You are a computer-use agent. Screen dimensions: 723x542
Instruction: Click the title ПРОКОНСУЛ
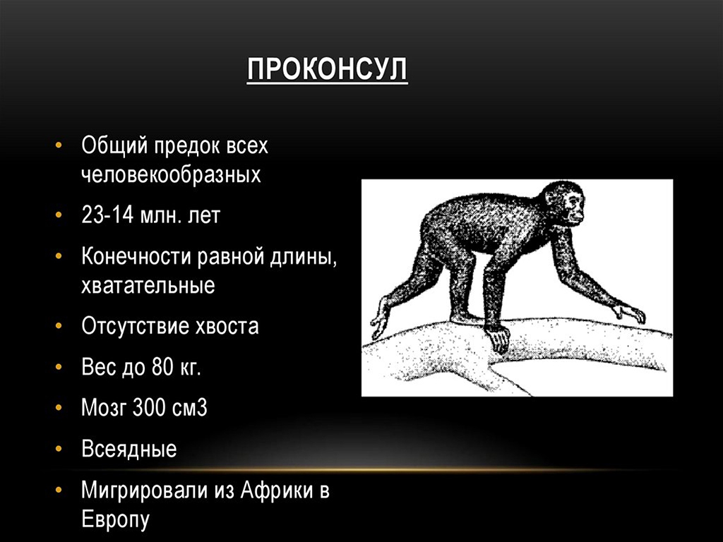point(327,69)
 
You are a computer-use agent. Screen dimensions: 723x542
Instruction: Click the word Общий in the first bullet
point(114,146)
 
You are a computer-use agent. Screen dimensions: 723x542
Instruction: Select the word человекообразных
point(171,175)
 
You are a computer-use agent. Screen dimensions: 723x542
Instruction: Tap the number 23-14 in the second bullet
point(107,215)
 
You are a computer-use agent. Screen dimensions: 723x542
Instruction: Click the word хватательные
point(148,285)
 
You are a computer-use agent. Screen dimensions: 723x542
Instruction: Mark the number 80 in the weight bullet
point(161,367)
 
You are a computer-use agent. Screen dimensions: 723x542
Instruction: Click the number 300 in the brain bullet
point(148,407)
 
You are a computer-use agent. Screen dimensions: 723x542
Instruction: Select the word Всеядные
point(129,449)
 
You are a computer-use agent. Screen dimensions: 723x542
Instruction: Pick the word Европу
point(115,519)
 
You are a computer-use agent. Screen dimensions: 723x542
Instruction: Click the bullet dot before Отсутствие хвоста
point(58,326)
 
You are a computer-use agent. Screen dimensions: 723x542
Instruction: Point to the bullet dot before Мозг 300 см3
point(58,408)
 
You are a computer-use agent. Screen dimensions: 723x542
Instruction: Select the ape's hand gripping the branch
point(496,337)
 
